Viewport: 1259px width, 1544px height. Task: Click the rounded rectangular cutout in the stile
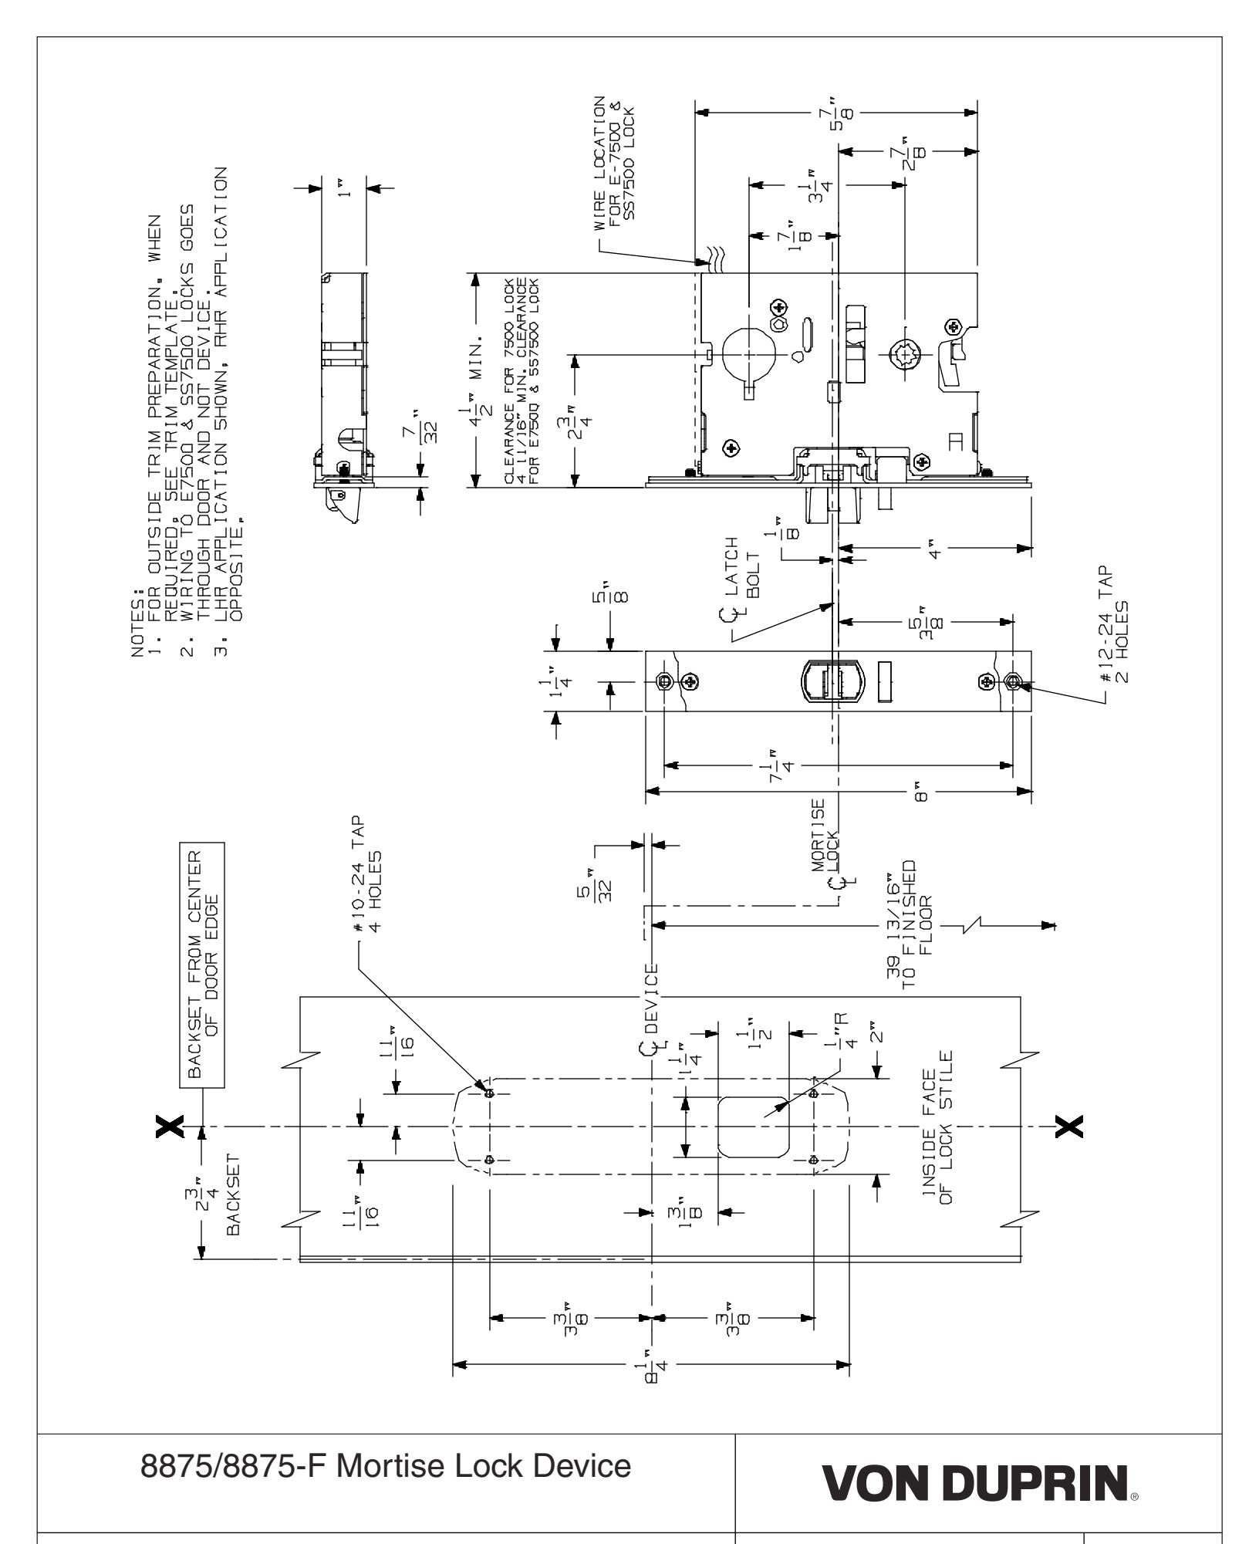click(x=754, y=1128)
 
